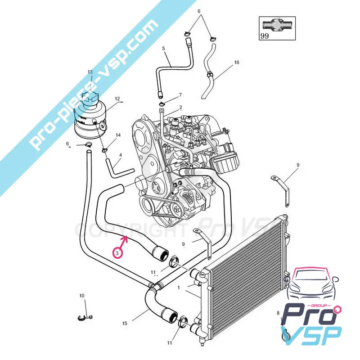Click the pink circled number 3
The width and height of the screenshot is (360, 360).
[117, 253]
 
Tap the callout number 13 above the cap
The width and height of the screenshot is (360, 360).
[90, 72]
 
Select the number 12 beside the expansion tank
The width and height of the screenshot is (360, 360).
[117, 99]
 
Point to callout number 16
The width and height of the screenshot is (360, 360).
[236, 63]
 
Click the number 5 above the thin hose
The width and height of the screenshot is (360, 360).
[163, 48]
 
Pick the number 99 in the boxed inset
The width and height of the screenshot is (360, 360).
[264, 36]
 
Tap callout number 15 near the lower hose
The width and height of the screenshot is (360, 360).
[125, 323]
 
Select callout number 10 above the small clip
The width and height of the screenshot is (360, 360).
[81, 296]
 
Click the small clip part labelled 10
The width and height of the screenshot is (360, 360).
[84, 318]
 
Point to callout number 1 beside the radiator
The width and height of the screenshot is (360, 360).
[179, 287]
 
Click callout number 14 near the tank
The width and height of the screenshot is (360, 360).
[118, 135]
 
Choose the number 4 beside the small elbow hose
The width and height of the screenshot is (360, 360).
[120, 156]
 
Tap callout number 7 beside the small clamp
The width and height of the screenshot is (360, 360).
[180, 95]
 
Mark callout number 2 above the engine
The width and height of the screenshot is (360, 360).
[180, 108]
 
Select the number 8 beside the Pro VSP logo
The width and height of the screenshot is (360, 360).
[278, 313]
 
